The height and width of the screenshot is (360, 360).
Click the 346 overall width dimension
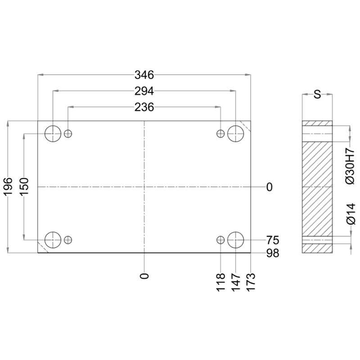(144, 75)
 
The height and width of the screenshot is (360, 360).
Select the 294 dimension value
(144, 91)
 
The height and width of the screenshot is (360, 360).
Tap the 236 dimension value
(144, 107)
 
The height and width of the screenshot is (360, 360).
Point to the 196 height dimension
(8, 187)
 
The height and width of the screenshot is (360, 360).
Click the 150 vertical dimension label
(24, 187)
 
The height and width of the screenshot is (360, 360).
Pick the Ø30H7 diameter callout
(351, 166)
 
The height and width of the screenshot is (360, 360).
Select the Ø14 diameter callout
(351, 213)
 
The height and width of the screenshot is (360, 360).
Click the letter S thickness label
(317, 94)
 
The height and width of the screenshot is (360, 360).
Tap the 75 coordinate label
(273, 240)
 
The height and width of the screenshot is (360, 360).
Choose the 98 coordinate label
(273, 253)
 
